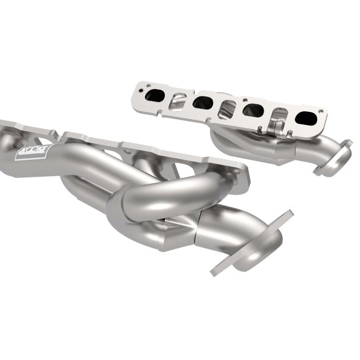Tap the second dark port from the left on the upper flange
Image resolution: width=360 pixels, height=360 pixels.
pyautogui.click(x=203, y=103)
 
